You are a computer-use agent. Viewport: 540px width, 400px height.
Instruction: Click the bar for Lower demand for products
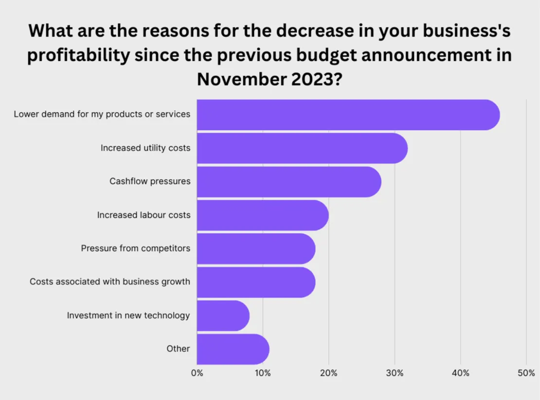pos(348,115)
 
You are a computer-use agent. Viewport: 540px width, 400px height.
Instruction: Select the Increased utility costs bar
pos(302,148)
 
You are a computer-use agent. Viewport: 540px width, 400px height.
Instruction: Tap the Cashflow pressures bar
pos(288,182)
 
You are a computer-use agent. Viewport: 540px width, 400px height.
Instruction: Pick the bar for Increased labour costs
pos(262,215)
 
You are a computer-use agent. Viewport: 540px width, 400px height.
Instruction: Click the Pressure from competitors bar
pos(255,248)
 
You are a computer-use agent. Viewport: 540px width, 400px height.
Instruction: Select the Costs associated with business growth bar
pos(255,282)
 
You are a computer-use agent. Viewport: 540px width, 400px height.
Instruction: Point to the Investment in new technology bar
pos(223,316)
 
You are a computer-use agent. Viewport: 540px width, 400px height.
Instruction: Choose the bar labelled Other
pos(233,349)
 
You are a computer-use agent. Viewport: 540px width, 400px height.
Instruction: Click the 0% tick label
pos(197,373)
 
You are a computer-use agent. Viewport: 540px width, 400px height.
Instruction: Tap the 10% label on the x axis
pos(263,373)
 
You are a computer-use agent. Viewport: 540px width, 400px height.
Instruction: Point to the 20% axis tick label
pos(329,373)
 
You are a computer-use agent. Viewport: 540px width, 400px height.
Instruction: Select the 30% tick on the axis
pos(395,373)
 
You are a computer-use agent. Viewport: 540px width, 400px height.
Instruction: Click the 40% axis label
pos(461,373)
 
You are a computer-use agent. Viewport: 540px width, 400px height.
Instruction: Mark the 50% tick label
pos(526,373)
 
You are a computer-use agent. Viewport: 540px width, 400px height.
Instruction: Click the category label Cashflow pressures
pos(150,181)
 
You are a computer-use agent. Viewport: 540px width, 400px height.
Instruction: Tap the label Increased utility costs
pos(145,148)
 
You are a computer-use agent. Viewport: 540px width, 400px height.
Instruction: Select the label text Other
pos(178,348)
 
